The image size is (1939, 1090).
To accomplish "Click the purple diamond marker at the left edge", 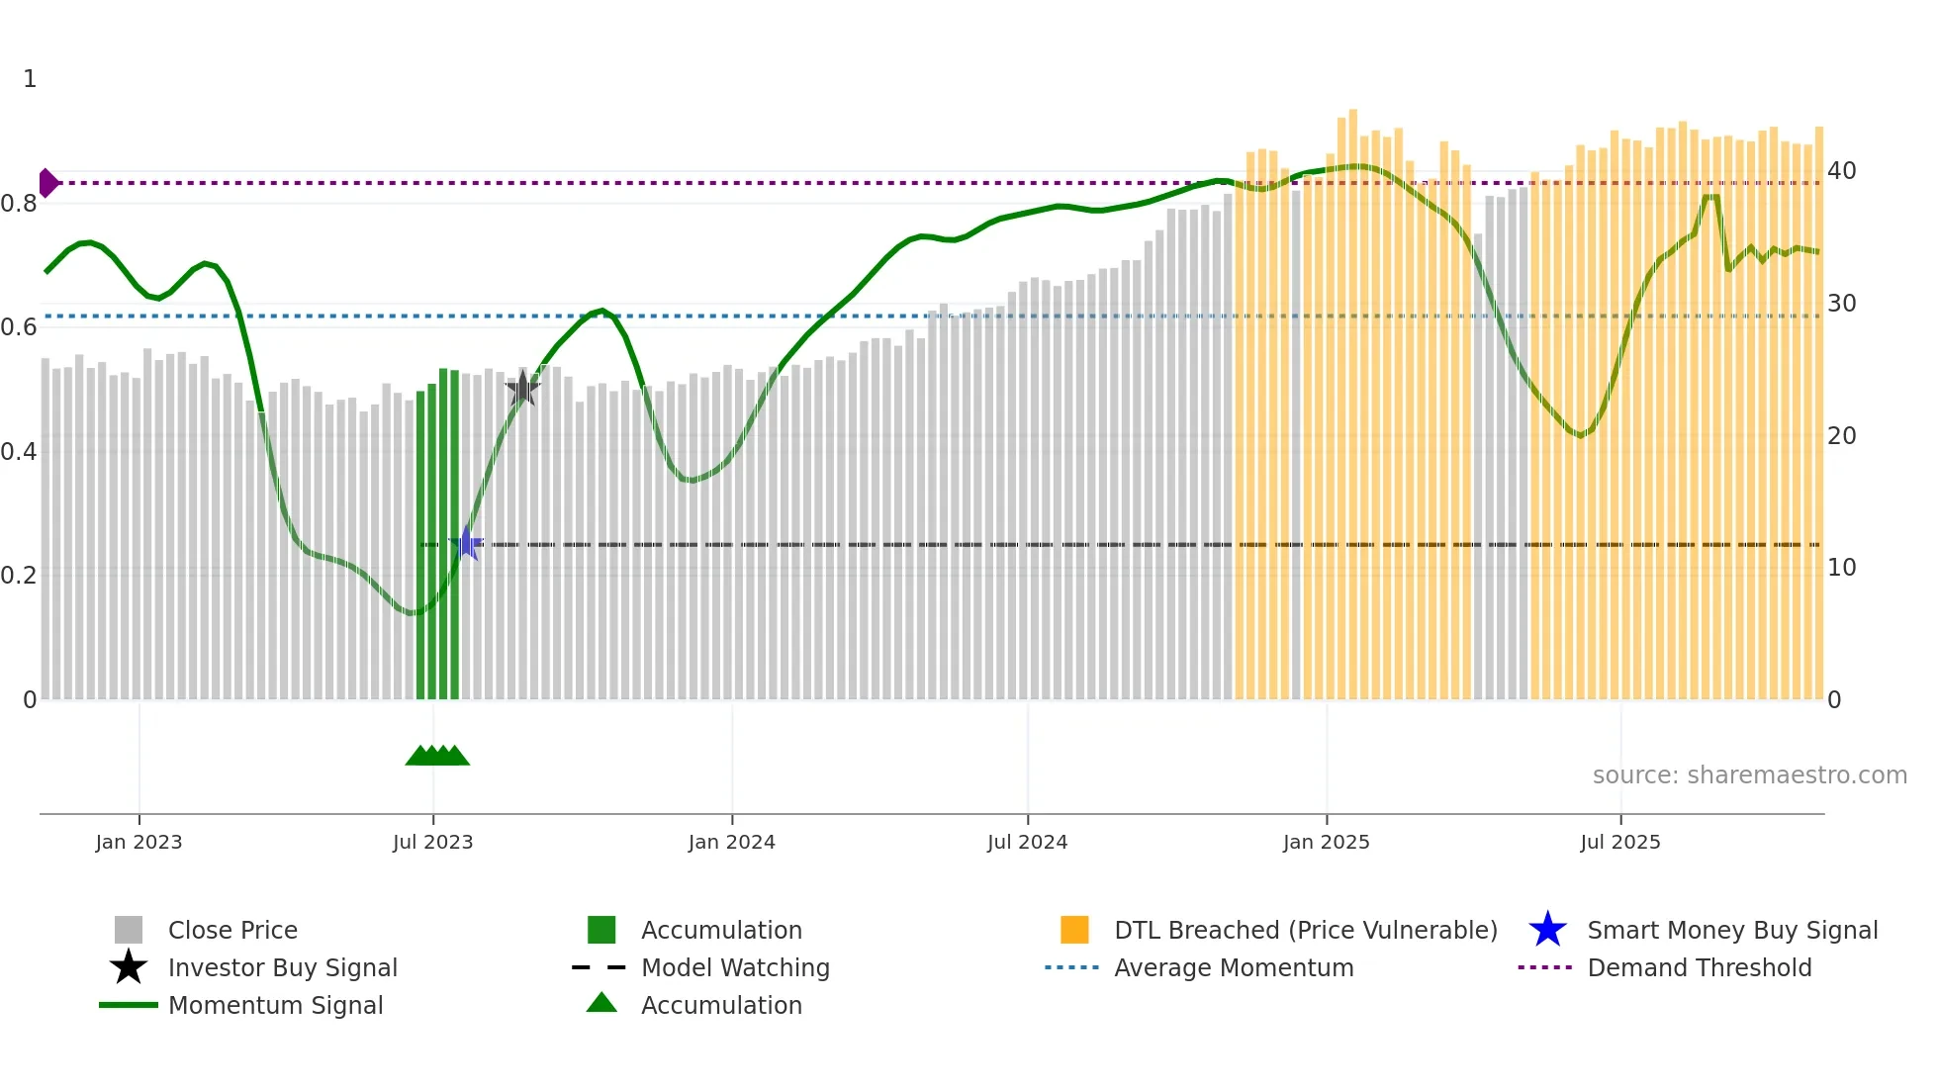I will click(47, 183).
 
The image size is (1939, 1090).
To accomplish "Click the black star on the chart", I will click(522, 390).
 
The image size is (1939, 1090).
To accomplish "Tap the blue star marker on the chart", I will click(467, 543).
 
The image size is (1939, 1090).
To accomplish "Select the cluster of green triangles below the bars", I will click(437, 756).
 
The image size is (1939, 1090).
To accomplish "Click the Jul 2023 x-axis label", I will click(432, 842).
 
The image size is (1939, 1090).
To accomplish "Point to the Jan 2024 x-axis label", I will click(731, 842).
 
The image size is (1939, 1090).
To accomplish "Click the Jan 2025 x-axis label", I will click(1326, 842).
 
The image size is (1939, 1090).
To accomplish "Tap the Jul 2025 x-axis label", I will click(1619, 842).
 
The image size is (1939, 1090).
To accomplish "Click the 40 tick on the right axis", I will click(1841, 171).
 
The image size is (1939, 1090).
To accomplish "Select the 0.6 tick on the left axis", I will click(18, 327).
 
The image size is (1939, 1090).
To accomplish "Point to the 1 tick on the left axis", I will click(30, 79).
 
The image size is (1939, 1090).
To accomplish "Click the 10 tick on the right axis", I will click(1841, 568).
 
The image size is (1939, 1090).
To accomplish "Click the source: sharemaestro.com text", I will click(1749, 775).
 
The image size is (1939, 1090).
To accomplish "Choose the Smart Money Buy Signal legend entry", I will click(1731, 930).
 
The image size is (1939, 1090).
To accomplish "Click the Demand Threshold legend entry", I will click(1699, 967).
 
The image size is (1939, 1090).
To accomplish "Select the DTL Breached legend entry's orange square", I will click(1074, 930).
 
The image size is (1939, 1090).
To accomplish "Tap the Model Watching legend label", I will click(735, 967).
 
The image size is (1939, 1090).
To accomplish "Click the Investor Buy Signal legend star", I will click(129, 967).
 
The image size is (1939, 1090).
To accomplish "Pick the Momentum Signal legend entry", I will click(275, 1005).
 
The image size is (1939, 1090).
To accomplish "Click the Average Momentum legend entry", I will click(1233, 967).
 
